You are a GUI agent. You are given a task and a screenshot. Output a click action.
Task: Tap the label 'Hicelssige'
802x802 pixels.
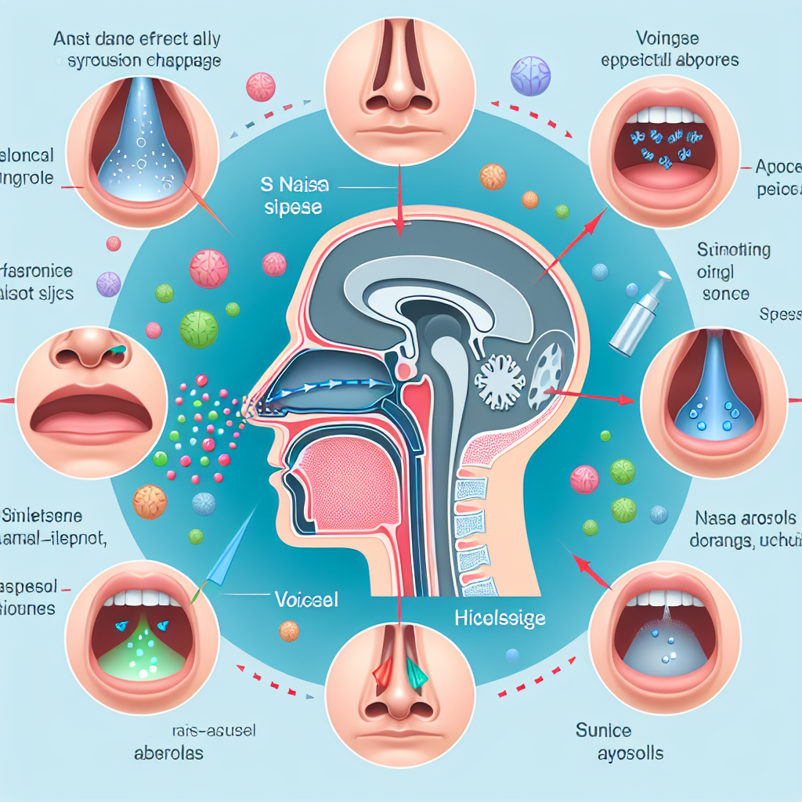[x=499, y=618]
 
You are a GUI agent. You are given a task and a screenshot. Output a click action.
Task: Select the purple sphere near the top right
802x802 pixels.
[x=524, y=75]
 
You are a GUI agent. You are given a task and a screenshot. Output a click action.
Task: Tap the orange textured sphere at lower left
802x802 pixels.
[x=149, y=501]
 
